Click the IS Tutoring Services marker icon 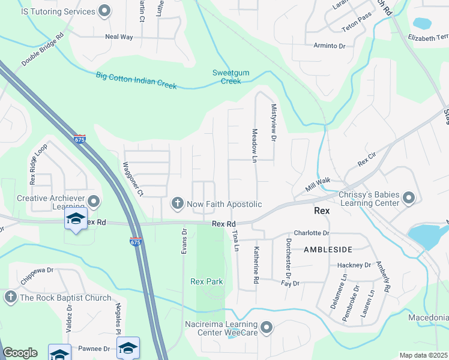(104, 11)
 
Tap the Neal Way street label (119, 37)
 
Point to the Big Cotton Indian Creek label (136, 80)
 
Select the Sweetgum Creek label (231, 77)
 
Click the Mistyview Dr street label (273, 122)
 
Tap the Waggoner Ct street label (133, 179)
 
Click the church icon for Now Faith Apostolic (177, 204)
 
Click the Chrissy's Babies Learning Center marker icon (409, 198)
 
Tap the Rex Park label (206, 281)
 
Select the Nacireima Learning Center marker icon (267, 328)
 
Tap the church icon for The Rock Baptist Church (10, 298)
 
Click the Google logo (20, 353)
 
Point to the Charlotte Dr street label (312, 233)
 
